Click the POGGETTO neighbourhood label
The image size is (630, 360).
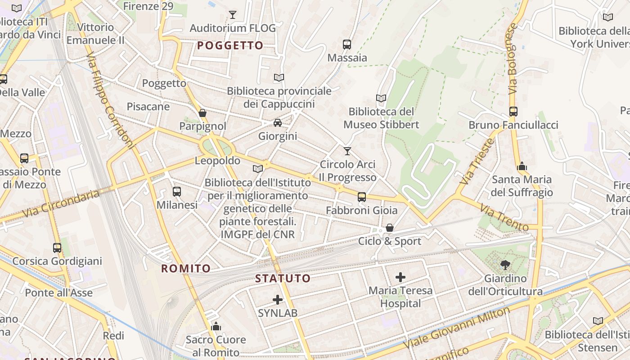[230, 45]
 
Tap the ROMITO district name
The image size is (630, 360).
[186, 269]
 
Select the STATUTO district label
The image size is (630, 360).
[283, 279]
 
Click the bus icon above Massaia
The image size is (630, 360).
[347, 44]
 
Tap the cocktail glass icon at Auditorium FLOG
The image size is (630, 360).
[232, 15]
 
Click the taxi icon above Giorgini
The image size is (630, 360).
[278, 123]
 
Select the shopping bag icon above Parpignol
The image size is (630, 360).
[202, 112]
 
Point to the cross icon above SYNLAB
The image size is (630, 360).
[278, 299]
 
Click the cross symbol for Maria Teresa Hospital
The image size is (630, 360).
[400, 277]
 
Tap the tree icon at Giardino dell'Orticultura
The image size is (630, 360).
[505, 265]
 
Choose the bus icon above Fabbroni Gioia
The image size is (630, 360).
[362, 197]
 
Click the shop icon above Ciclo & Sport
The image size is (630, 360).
[390, 228]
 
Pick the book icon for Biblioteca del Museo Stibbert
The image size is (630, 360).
[381, 98]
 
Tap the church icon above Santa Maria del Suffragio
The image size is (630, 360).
[522, 166]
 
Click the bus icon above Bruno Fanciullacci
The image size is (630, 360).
[513, 111]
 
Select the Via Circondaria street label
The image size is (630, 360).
[61, 203]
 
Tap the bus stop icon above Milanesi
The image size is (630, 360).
[177, 192]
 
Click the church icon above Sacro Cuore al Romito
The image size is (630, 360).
[216, 326]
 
